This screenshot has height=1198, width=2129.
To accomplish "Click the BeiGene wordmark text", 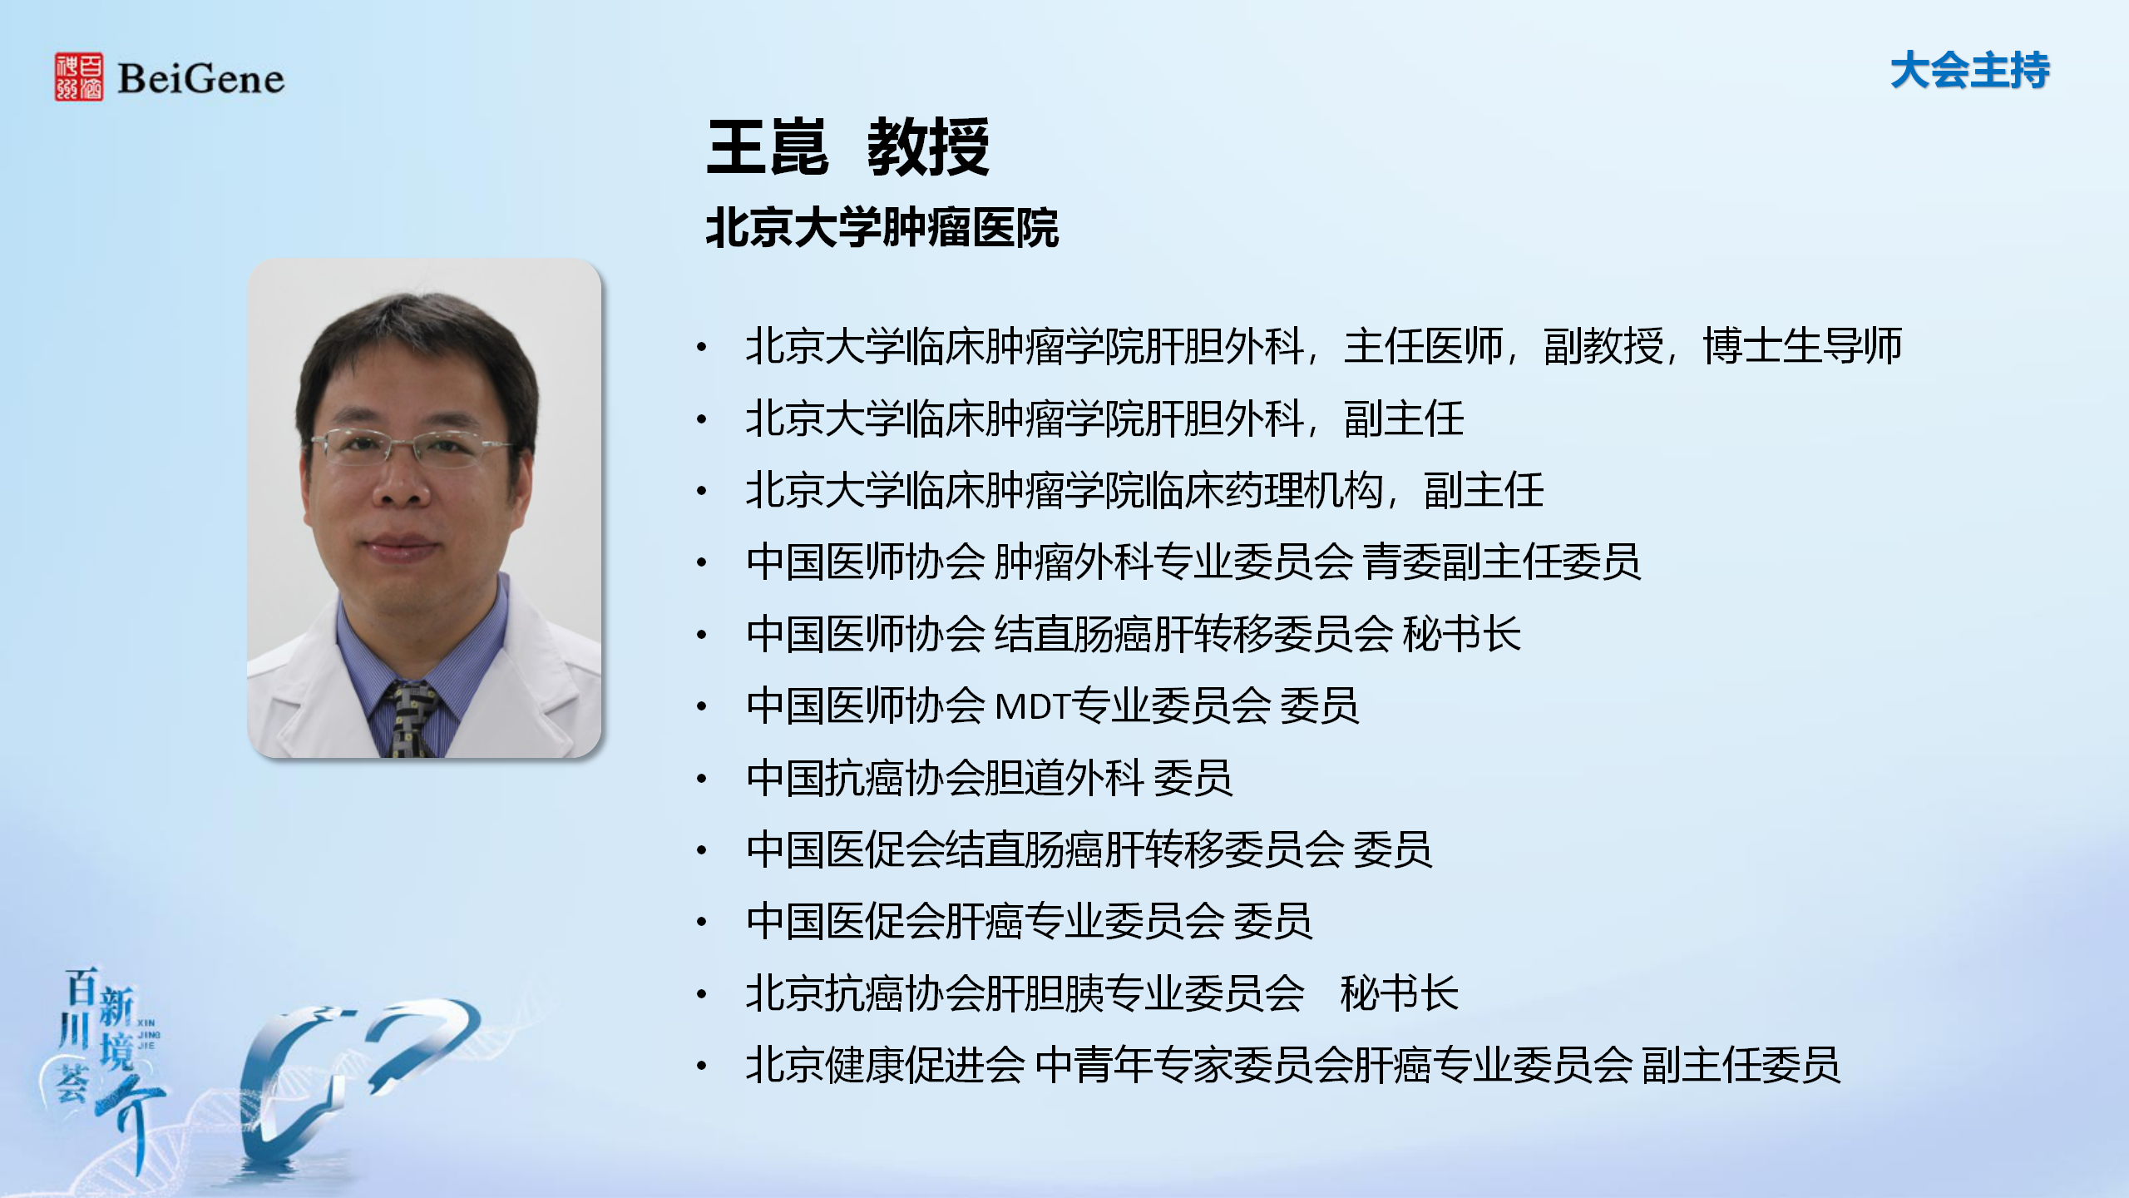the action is pyautogui.click(x=200, y=79).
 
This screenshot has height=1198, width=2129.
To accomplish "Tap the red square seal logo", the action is pyautogui.click(x=79, y=77).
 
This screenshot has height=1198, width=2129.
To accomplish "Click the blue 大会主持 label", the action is pyautogui.click(x=1970, y=70).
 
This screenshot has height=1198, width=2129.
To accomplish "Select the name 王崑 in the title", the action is pyautogui.click(x=768, y=146).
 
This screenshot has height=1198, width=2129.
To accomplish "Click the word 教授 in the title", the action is pyautogui.click(x=928, y=146).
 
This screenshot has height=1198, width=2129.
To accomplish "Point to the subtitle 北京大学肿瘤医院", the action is pyautogui.click(x=882, y=228).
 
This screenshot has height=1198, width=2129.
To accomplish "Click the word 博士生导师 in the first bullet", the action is pyautogui.click(x=1802, y=346).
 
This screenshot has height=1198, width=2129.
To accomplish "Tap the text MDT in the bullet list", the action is pyautogui.click(x=1031, y=706).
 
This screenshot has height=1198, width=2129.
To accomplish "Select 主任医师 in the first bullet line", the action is pyautogui.click(x=1424, y=346).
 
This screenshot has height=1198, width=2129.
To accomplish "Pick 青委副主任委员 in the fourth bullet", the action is pyautogui.click(x=1502, y=562).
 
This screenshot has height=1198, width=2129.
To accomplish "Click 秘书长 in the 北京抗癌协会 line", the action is pyautogui.click(x=1400, y=993).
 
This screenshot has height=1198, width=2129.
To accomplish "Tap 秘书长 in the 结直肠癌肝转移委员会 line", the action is pyautogui.click(x=1462, y=634).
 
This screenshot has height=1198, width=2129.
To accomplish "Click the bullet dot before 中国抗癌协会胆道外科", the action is pyautogui.click(x=702, y=779).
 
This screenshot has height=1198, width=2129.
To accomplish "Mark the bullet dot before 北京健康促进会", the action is pyautogui.click(x=702, y=1066).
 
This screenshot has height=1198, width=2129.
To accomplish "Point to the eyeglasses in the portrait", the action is pyautogui.click(x=410, y=447).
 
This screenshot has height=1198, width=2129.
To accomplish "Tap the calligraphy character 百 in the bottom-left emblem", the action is pyautogui.click(x=82, y=988).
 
